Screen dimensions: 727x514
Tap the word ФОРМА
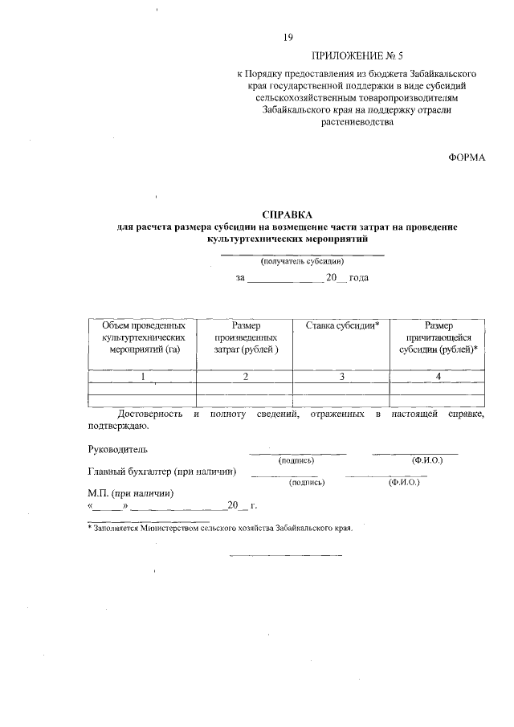(x=467, y=157)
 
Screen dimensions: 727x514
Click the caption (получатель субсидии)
(x=301, y=262)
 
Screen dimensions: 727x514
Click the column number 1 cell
(x=142, y=376)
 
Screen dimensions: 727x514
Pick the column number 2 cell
(x=245, y=376)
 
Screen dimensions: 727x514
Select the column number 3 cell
(x=341, y=376)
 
